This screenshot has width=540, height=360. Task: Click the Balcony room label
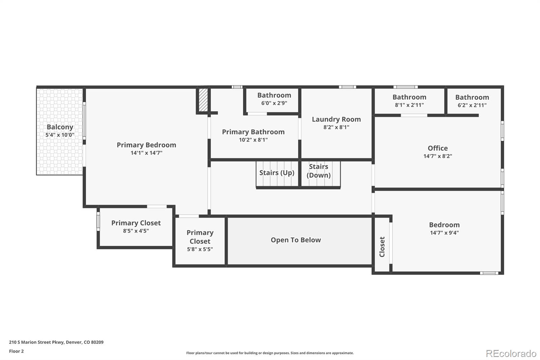(60, 127)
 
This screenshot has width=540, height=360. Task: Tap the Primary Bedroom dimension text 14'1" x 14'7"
(146, 153)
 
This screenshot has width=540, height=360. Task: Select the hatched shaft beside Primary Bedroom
(203, 100)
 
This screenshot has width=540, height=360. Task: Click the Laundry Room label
(336, 119)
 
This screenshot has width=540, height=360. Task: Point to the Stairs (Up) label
(277, 173)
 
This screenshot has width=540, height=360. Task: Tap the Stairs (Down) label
(319, 171)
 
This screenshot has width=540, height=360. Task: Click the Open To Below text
(296, 240)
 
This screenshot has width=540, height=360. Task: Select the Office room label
(438, 148)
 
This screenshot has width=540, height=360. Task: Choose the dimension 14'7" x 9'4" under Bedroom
(444, 233)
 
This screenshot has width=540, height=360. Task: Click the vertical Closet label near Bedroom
(382, 247)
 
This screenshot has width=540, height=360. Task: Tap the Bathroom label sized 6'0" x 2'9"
(274, 95)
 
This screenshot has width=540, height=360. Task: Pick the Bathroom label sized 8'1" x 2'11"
(409, 97)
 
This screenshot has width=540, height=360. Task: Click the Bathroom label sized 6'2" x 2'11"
(472, 97)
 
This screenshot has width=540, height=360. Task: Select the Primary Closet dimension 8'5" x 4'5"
(136, 231)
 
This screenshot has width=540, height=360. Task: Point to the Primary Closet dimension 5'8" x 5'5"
(200, 250)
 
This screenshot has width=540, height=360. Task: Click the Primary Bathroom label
(253, 132)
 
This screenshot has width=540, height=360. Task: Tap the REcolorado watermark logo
(511, 354)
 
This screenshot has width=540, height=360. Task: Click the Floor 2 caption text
(16, 351)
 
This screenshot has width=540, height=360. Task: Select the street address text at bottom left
(56, 342)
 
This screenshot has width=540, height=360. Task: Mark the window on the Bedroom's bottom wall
(489, 273)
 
